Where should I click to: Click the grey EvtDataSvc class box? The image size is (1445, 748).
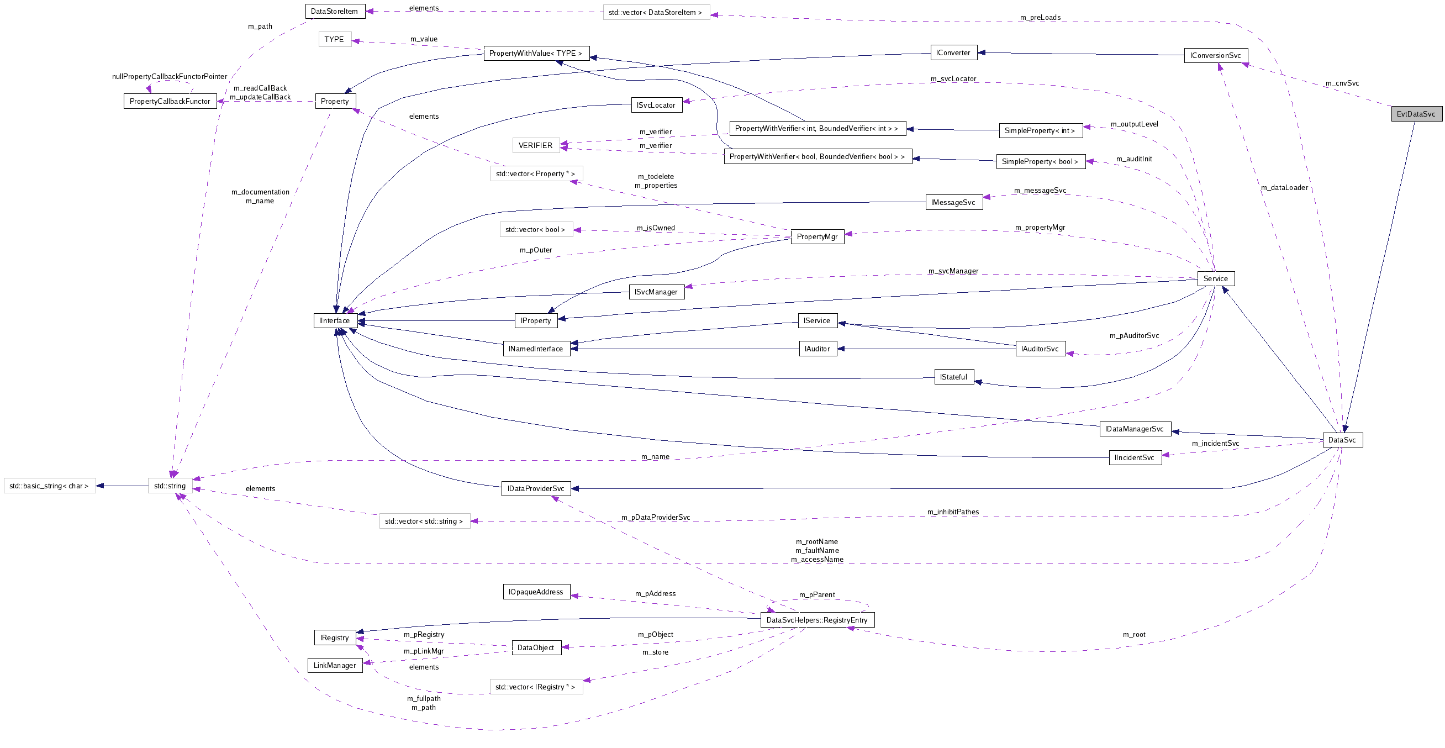click(x=1416, y=114)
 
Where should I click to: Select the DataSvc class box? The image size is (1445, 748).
click(x=1342, y=440)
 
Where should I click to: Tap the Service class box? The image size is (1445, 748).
click(x=1215, y=279)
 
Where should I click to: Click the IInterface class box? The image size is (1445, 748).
click(x=334, y=321)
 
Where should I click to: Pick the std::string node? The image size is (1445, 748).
click(x=170, y=486)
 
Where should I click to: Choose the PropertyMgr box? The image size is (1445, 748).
click(x=817, y=237)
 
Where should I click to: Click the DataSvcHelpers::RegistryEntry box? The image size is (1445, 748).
click(x=817, y=620)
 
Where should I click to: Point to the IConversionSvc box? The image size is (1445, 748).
click(x=1216, y=56)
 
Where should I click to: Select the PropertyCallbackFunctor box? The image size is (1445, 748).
click(x=170, y=102)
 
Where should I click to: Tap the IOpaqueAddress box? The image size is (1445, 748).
click(x=536, y=592)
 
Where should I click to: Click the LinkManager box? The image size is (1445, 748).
click(x=335, y=666)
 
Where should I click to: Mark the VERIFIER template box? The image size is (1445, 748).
click(x=535, y=146)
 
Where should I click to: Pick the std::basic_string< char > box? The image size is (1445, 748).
click(x=49, y=486)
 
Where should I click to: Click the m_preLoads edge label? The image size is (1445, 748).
click(x=1040, y=17)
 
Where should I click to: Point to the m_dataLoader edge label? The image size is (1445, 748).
click(x=1284, y=188)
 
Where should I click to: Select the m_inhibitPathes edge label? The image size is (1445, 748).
click(x=952, y=512)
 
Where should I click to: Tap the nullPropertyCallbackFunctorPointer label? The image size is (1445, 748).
click(x=170, y=77)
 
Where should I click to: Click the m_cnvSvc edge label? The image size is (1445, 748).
click(x=1342, y=83)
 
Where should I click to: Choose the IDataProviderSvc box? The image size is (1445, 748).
click(x=536, y=489)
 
